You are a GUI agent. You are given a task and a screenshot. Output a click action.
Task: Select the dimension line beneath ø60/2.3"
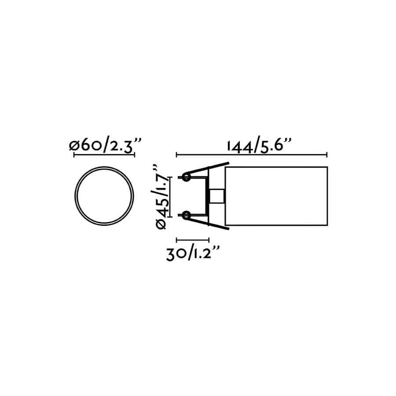pyautogui.click(x=104, y=155)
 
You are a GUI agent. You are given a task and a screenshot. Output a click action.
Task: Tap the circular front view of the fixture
pyautogui.click(x=104, y=196)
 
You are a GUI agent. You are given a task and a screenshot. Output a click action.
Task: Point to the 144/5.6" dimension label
pyautogui.click(x=260, y=146)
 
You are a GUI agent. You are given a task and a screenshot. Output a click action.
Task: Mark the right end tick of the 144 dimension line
pyautogui.click(x=326, y=154)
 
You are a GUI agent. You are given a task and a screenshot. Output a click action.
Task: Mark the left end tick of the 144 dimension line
pyautogui.click(x=176, y=154)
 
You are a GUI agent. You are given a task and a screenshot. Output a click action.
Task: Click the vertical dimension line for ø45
pyautogui.click(x=170, y=196)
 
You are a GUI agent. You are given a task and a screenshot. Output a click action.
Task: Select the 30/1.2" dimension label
pyautogui.click(x=193, y=254)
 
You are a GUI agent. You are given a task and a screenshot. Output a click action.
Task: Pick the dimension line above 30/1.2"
pyautogui.click(x=192, y=240)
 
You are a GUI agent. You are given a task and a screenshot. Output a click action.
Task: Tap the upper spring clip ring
pyautogui.click(x=186, y=177)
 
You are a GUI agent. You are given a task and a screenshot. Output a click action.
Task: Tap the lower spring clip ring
pyautogui.click(x=186, y=215)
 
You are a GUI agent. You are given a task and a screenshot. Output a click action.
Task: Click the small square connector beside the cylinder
pyautogui.click(x=217, y=196)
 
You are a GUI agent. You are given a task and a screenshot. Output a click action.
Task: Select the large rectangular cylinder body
pyautogui.click(x=276, y=196)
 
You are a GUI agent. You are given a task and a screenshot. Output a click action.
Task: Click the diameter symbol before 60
pyautogui.click(x=74, y=146)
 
